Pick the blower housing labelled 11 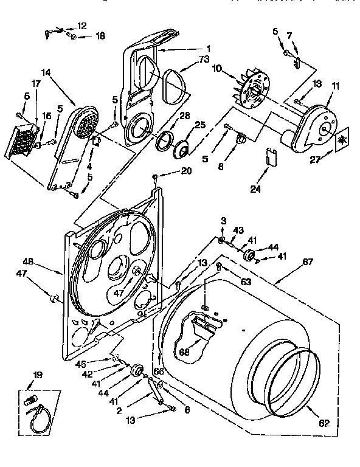(x=316, y=125)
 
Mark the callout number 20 (x=185, y=171)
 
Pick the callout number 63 (x=245, y=282)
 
